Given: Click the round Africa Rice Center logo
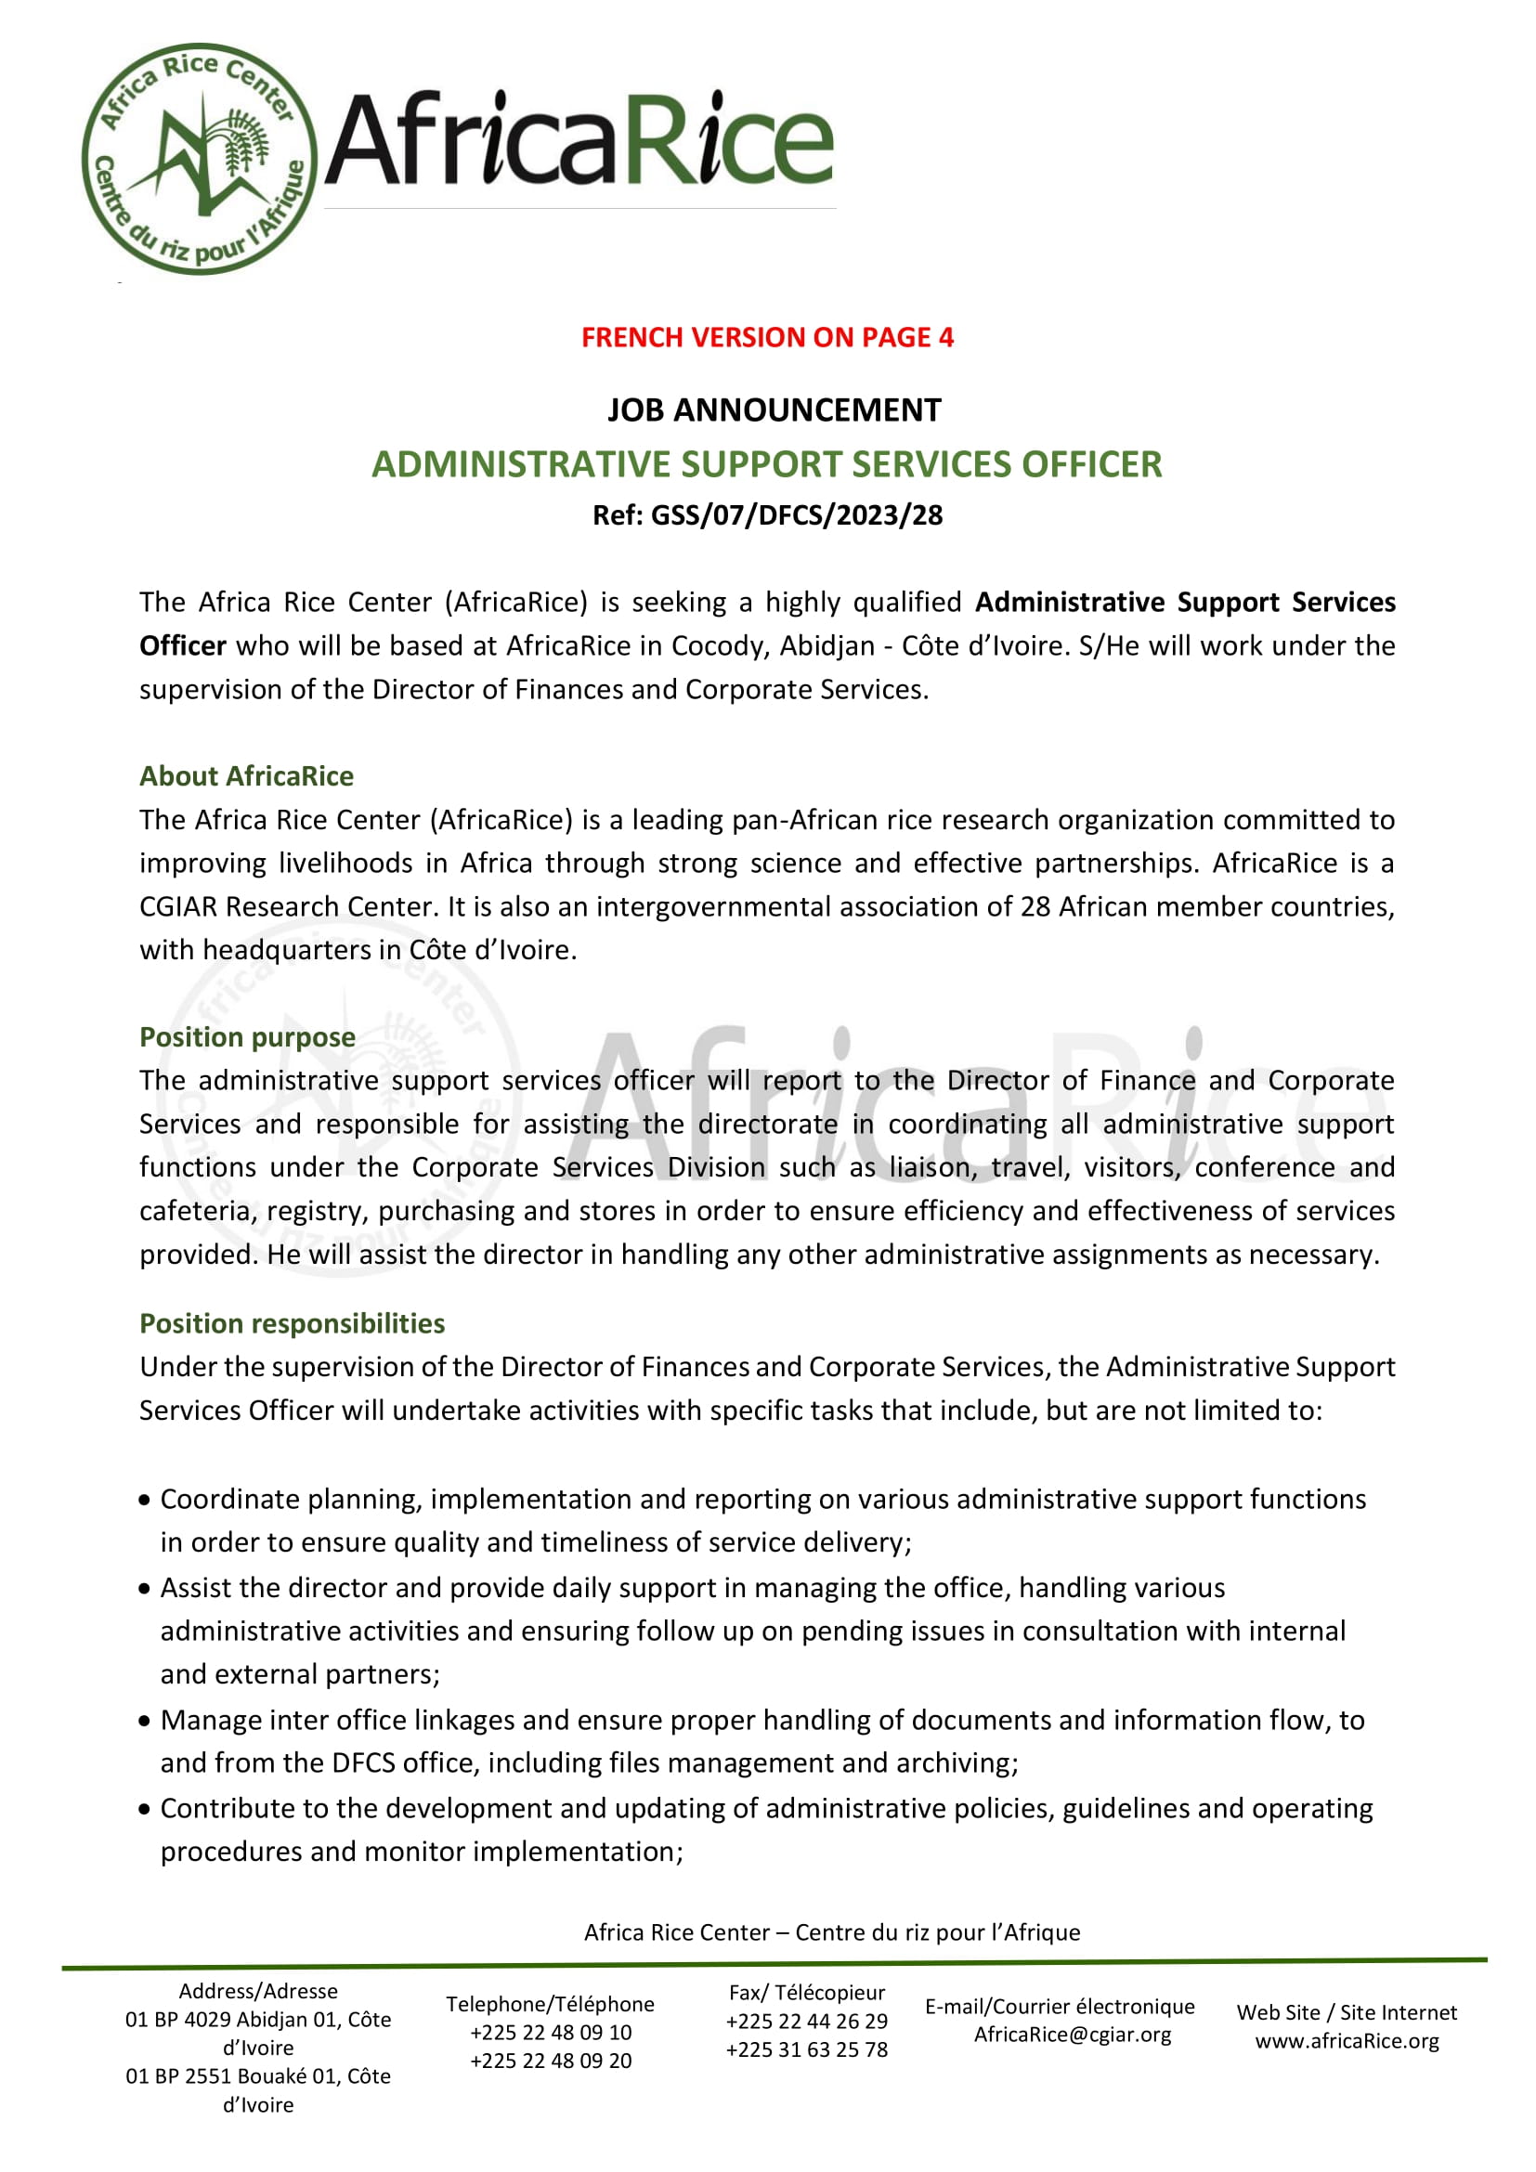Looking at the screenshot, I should pyautogui.click(x=200, y=159).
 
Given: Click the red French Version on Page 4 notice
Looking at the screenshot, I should pyautogui.click(x=767, y=338).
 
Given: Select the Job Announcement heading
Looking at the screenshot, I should pyautogui.click(x=774, y=410).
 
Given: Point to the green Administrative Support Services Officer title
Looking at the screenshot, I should pyautogui.click(x=767, y=464).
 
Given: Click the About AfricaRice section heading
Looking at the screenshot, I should pyautogui.click(x=247, y=776).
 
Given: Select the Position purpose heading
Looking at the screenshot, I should pyautogui.click(x=248, y=1037).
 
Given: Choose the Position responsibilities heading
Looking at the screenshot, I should pyautogui.click(x=293, y=1323).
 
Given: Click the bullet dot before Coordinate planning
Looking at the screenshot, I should pyautogui.click(x=145, y=1501).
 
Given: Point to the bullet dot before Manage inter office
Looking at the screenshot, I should pyautogui.click(x=145, y=1721).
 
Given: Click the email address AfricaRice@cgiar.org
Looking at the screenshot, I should pyautogui.click(x=1073, y=2035).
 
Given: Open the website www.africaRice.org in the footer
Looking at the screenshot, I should pyautogui.click(x=1347, y=2040).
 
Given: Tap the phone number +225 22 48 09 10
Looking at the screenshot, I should pyautogui.click(x=551, y=2033).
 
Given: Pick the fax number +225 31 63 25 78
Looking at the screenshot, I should pyautogui.click(x=807, y=2050).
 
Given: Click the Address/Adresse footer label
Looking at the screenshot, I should pyautogui.click(x=258, y=1991).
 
